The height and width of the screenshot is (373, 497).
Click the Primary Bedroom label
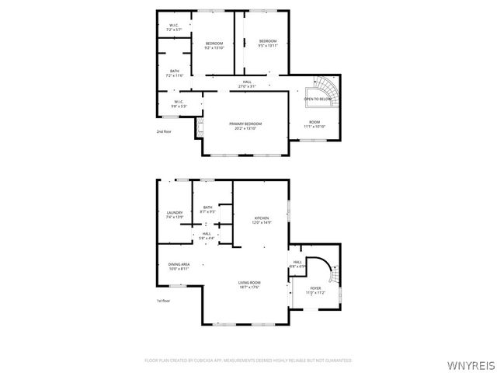click(x=245, y=126)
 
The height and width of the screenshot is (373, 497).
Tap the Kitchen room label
click(x=260, y=220)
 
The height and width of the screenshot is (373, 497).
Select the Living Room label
click(x=248, y=284)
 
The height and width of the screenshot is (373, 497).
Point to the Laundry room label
click(x=175, y=214)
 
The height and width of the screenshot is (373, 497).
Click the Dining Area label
click(x=179, y=267)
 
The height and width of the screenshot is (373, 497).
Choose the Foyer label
click(x=315, y=290)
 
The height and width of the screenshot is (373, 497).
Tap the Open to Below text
click(x=318, y=99)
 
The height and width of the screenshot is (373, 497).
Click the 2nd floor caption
click(x=163, y=131)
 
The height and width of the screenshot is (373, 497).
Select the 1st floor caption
click(x=163, y=300)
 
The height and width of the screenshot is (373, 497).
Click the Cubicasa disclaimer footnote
click(x=248, y=361)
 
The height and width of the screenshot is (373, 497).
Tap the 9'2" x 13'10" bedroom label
click(x=214, y=45)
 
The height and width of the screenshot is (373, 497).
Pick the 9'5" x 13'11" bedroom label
click(x=268, y=43)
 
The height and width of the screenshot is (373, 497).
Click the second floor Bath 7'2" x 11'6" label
click(x=175, y=73)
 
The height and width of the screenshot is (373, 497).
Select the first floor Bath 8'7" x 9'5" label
click(x=207, y=208)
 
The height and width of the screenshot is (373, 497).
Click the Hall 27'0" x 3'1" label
click(x=247, y=84)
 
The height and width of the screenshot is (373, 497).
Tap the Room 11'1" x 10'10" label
click(x=314, y=124)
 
